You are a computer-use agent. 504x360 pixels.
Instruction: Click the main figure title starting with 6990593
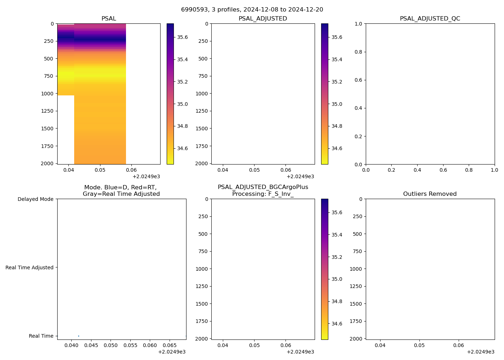pos(252,10)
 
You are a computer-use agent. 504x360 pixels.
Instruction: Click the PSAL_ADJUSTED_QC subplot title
pos(430,19)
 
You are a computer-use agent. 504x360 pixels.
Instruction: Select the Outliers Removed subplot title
pos(430,194)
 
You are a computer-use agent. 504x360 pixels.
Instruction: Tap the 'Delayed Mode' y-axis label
pos(35,199)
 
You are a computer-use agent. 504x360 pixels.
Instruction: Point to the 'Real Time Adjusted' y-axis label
pos(30,267)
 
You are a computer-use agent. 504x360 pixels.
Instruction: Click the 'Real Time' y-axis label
pos(41,336)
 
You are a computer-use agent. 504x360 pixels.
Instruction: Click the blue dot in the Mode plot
pos(78,336)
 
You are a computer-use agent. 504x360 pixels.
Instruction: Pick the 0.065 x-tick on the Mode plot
pos(170,346)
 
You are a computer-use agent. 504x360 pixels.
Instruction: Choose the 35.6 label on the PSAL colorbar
pos(182,37)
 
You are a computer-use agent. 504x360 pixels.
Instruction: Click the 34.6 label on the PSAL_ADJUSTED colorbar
pos(337,148)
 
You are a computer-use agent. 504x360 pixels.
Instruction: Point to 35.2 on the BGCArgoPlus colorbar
pos(337,257)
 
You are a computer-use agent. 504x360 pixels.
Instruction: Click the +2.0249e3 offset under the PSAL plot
pos(146,176)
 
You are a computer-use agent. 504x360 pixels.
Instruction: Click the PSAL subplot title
pos(109,19)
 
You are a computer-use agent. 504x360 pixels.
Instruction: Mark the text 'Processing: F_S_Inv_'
pos(263,194)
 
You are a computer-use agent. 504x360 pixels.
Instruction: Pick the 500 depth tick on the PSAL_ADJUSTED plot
pos(203,59)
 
